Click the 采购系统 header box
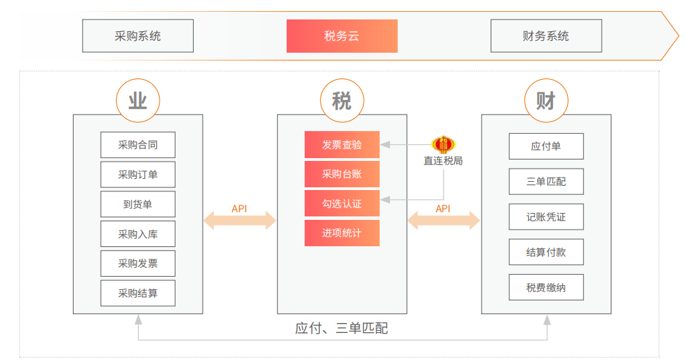click(x=137, y=36)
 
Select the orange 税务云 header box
click(x=341, y=36)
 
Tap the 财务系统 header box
click(x=546, y=36)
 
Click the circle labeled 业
click(x=137, y=101)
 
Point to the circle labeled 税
click(x=341, y=101)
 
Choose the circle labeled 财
click(x=546, y=101)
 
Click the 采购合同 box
click(x=137, y=145)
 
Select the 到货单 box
click(x=137, y=204)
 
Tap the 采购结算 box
click(x=137, y=293)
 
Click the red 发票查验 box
click(x=341, y=144)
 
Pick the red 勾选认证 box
click(x=341, y=203)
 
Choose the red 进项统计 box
click(x=341, y=233)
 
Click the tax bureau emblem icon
click(x=443, y=144)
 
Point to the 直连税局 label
click(x=443, y=161)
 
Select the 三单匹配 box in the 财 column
click(x=546, y=181)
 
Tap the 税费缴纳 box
click(x=546, y=287)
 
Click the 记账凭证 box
click(x=546, y=216)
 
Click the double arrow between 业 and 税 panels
click(x=239, y=221)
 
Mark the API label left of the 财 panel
click(x=443, y=208)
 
